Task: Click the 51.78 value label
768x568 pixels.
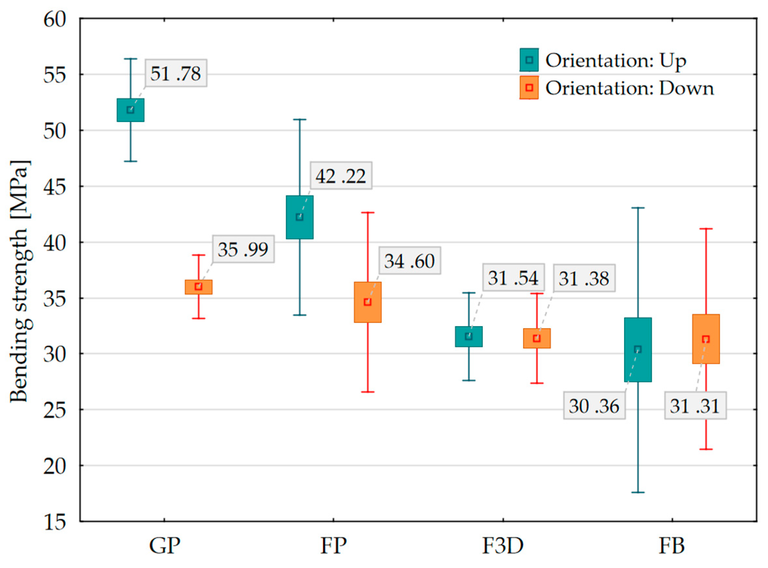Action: coord(176,73)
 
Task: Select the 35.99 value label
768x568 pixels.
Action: coord(243,249)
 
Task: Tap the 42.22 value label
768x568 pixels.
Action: coord(340,176)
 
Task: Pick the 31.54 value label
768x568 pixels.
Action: coord(513,277)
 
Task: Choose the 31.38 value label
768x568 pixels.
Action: coord(584,278)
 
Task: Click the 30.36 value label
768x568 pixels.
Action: coord(594,406)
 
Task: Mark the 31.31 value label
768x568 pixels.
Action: coord(695,406)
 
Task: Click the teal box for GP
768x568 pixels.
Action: coord(130,110)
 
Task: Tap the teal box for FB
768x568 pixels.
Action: coord(638,350)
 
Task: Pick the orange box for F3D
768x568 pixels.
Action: coord(536,338)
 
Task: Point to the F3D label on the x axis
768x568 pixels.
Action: coord(503,545)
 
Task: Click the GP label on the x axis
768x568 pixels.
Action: coord(164,545)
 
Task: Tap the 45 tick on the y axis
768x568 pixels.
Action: coord(54,187)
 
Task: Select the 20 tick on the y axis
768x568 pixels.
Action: coord(54,466)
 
